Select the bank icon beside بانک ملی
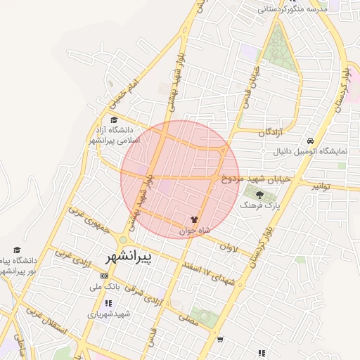(x=106, y=276)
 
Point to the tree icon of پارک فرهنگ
(x=260, y=195)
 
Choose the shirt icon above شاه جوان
(x=195, y=219)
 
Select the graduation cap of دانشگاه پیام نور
(x=17, y=250)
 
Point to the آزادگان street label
(x=269, y=132)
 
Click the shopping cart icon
(x=220, y=340)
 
